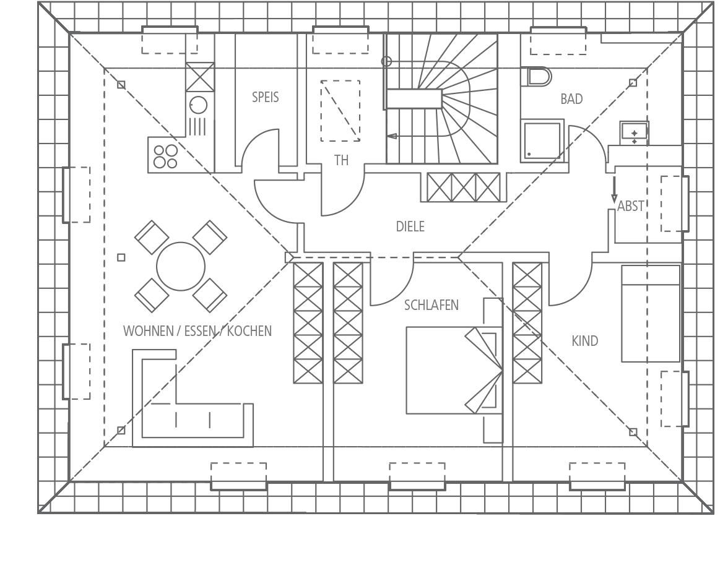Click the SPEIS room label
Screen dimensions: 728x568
click(265, 97)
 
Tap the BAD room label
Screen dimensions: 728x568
click(571, 99)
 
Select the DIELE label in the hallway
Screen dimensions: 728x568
click(410, 226)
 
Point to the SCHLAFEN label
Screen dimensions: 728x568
click(431, 305)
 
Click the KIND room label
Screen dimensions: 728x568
click(584, 341)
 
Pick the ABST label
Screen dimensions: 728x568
click(630, 205)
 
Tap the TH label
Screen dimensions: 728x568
click(341, 161)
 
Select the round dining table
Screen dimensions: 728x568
click(181, 266)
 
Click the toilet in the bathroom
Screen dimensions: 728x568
click(537, 77)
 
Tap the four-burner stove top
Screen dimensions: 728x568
click(165, 156)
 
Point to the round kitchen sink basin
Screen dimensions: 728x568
click(199, 105)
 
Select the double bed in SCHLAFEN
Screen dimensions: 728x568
click(454, 370)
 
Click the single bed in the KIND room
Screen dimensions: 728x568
click(651, 314)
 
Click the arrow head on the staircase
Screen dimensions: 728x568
click(392, 136)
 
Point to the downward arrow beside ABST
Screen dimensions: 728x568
click(614, 189)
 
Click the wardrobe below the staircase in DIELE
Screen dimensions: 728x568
click(463, 187)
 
